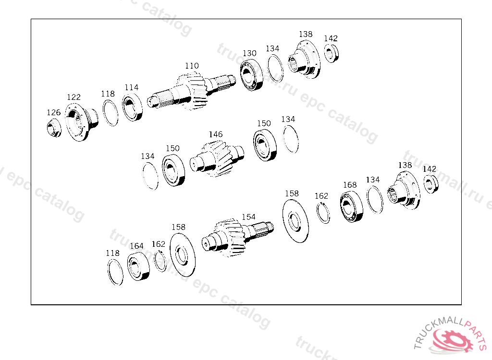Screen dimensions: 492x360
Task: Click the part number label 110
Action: pyautogui.click(x=192, y=66)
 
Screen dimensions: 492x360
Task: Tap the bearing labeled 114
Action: pyautogui.click(x=132, y=108)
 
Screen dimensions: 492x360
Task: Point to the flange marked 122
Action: pyautogui.click(x=81, y=121)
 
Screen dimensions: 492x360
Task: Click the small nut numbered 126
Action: pyautogui.click(x=54, y=128)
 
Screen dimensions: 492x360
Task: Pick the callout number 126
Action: pyautogui.click(x=54, y=113)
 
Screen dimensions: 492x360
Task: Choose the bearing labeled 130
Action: pyautogui.click(x=252, y=75)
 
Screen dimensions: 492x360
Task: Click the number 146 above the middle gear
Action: pyautogui.click(x=216, y=134)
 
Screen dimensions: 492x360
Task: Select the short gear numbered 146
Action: pyautogui.click(x=217, y=158)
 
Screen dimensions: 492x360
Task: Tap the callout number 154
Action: pyautogui.click(x=248, y=217)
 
